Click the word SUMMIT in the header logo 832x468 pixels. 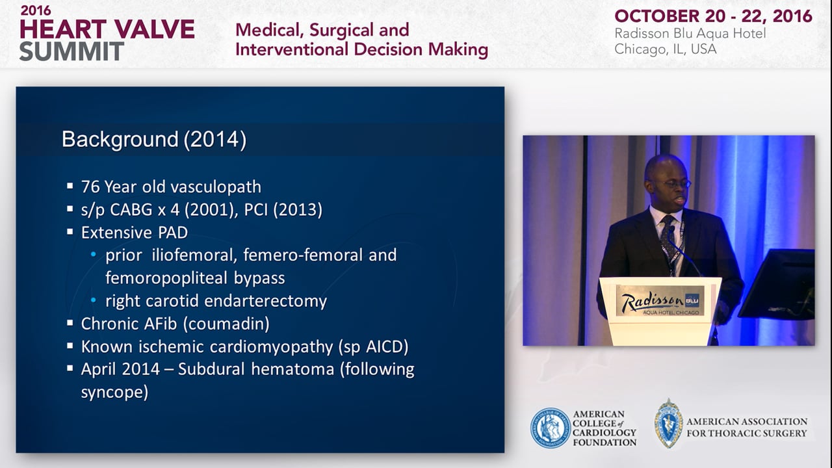[x=71, y=51]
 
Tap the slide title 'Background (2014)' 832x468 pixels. [x=154, y=139]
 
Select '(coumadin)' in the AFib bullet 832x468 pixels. [x=226, y=324]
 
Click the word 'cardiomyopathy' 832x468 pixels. [x=272, y=347]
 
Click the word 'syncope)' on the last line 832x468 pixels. [x=114, y=393]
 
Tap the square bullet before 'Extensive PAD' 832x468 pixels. [x=70, y=232]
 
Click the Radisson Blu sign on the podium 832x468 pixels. [x=660, y=301]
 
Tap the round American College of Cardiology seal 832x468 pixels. [x=551, y=428]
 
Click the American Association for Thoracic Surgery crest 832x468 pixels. [x=669, y=423]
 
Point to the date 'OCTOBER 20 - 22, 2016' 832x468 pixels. [x=713, y=16]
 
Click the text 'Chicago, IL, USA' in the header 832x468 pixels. [x=665, y=49]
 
